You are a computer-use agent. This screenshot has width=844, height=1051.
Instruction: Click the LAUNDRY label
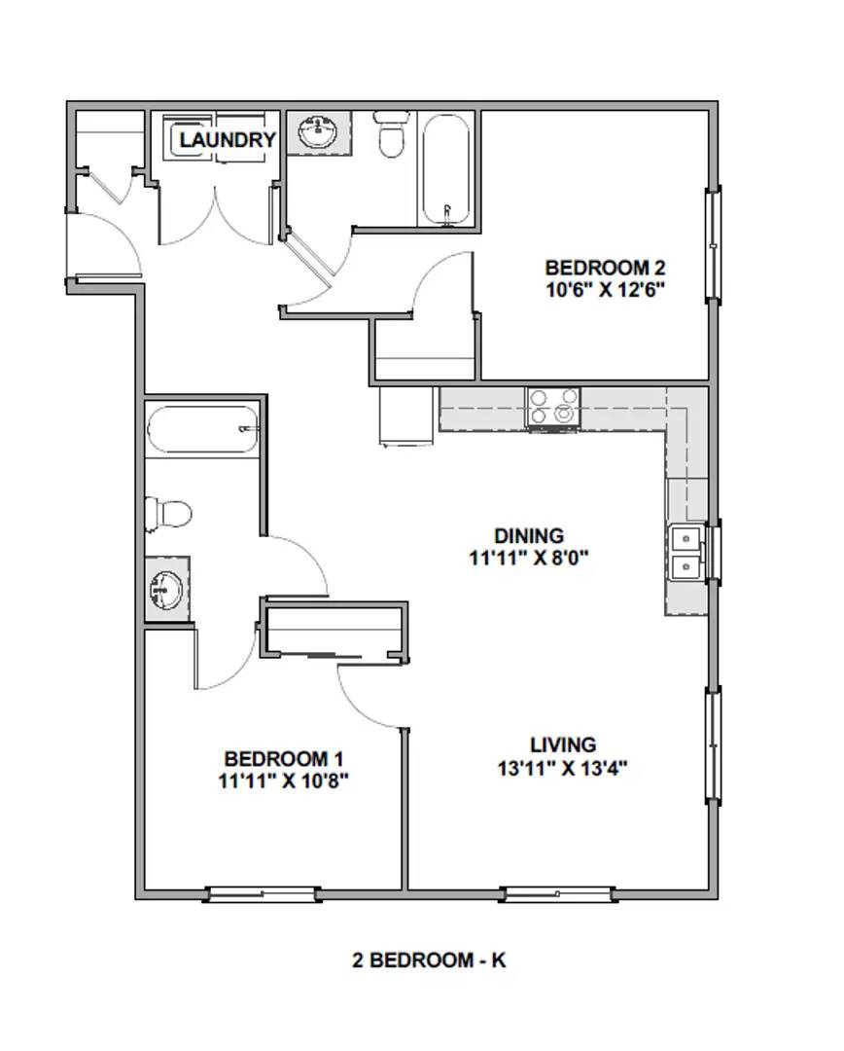(x=228, y=139)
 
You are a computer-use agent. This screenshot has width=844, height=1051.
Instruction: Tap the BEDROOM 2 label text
(x=605, y=269)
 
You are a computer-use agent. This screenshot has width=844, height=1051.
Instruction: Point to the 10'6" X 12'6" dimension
(x=605, y=290)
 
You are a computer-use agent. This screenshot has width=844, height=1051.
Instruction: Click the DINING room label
(x=529, y=536)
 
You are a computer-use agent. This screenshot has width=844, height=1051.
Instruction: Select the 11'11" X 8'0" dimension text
(x=529, y=558)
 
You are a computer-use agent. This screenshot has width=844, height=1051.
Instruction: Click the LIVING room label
(x=563, y=744)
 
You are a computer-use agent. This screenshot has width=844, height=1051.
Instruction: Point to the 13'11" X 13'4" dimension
(x=563, y=768)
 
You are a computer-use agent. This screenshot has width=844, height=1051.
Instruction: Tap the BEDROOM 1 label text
(x=284, y=759)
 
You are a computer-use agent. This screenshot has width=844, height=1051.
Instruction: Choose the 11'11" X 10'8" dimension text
(x=284, y=780)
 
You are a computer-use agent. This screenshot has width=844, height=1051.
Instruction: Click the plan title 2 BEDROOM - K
(x=430, y=960)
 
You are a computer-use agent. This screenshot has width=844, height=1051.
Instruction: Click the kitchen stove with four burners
(x=553, y=407)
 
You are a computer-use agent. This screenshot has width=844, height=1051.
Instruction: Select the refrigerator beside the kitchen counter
(x=406, y=415)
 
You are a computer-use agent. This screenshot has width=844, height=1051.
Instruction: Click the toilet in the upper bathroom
(x=391, y=132)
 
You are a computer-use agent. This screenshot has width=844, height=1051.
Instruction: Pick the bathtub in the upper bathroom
(x=446, y=169)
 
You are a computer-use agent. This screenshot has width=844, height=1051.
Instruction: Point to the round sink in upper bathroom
(x=318, y=132)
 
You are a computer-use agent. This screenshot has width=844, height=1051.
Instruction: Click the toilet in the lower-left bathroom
(x=167, y=514)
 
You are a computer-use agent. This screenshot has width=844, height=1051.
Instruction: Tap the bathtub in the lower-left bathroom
(x=202, y=430)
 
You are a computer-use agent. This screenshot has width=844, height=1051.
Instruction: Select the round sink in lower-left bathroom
(x=165, y=590)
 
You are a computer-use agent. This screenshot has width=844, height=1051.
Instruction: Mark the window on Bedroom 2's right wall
(x=713, y=244)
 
